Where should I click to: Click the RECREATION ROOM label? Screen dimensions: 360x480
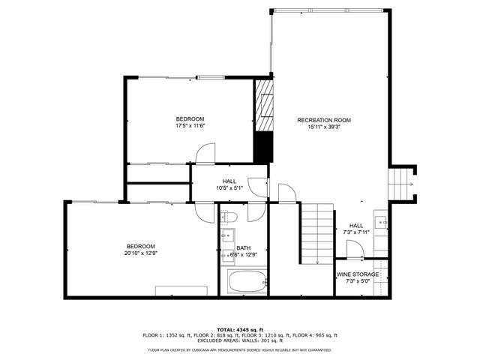pyautogui.click(x=323, y=120)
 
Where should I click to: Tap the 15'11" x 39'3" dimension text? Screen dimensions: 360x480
pyautogui.click(x=323, y=127)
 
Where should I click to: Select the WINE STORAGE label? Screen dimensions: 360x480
pyautogui.click(x=357, y=274)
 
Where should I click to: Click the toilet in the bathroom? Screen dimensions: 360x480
pyautogui.click(x=229, y=217)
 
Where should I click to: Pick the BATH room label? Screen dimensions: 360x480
pyautogui.click(x=244, y=248)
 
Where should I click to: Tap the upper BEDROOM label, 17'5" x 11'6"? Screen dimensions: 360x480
pyautogui.click(x=190, y=119)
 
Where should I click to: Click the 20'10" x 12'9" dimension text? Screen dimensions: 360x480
pyautogui.click(x=140, y=253)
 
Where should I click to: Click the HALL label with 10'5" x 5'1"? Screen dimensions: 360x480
pyautogui.click(x=229, y=181)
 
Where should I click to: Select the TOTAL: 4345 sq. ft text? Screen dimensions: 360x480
pyautogui.click(x=239, y=329)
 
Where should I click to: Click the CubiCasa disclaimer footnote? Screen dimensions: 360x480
pyautogui.click(x=239, y=349)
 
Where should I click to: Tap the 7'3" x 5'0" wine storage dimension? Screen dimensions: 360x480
pyautogui.click(x=357, y=281)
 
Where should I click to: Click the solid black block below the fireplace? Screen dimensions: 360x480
pyautogui.click(x=262, y=146)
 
